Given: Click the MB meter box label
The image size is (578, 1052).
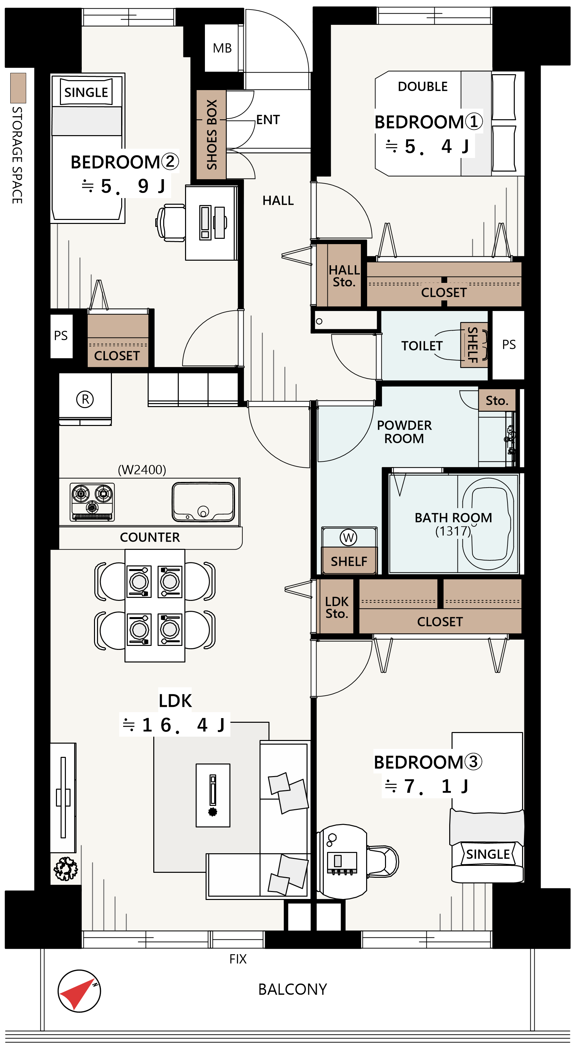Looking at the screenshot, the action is pos(222,48).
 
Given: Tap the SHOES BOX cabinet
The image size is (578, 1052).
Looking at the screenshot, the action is pos(211,134).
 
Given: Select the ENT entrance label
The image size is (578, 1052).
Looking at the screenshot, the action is pos(268,120).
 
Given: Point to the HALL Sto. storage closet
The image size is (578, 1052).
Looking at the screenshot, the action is pos(339,275).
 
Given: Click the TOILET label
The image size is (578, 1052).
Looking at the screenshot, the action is pos(422,346).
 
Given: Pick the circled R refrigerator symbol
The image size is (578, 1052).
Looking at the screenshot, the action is pos(85,399).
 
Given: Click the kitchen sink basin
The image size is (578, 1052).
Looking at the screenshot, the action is pos(203,502).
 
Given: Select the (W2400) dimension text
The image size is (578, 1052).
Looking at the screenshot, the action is pos(142,470).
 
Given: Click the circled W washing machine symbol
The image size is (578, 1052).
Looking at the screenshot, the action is pos(348,538).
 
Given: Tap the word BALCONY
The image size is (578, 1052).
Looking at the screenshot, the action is pos(293,989).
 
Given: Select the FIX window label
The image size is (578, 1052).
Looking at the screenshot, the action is pos(238,959).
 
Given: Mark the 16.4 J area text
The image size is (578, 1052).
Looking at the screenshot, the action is pos(175,725).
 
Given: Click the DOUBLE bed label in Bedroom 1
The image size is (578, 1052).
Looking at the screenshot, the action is pos(422,86).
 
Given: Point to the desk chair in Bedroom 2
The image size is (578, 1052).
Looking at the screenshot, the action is pos(170,223).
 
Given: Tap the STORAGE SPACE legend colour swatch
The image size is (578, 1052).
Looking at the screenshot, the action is pos(18,88).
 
